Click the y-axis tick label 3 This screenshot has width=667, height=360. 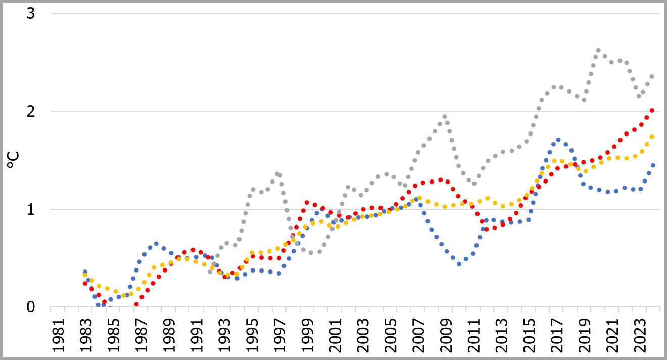coord(31,14)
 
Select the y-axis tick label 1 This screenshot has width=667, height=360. coord(31,209)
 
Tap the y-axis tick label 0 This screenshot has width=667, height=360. coord(31,307)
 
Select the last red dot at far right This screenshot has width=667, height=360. coord(652,110)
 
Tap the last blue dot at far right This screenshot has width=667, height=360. coord(652,165)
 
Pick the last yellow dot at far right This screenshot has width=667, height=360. coord(652,137)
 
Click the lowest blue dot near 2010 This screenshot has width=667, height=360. coord(459,264)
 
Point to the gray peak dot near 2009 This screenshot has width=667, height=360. coord(445,117)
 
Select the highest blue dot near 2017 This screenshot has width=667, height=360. coord(558,140)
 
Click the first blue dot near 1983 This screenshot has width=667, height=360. coord(85,272)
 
